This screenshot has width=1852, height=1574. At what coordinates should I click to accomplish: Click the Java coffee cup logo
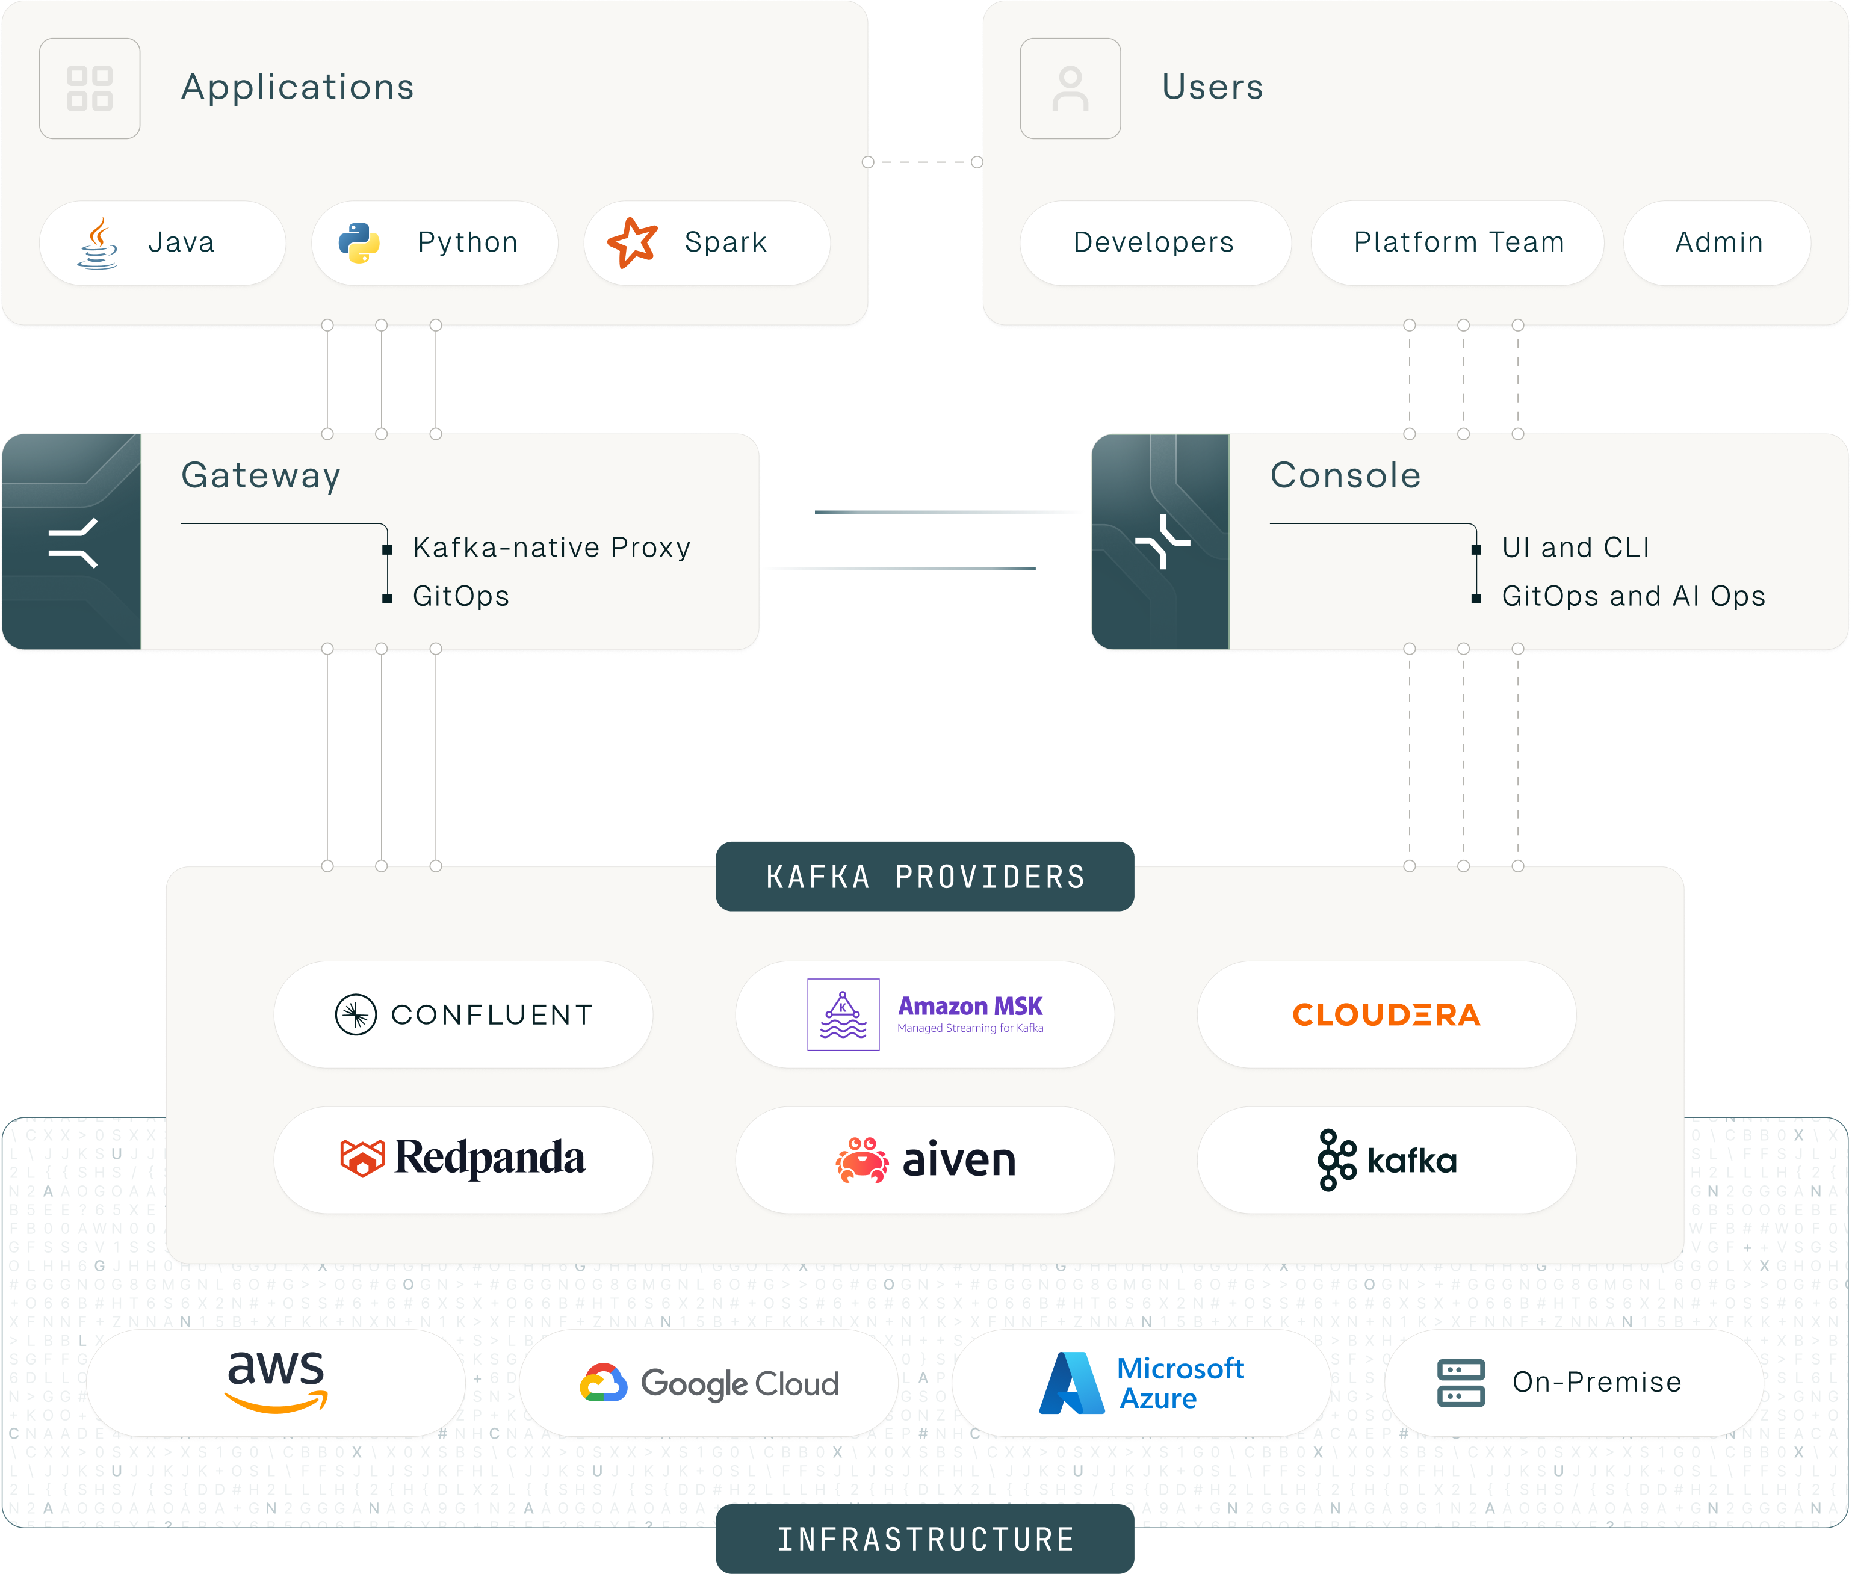pyautogui.click(x=98, y=242)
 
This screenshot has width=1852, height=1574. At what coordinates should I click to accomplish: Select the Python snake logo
pyautogui.click(x=359, y=242)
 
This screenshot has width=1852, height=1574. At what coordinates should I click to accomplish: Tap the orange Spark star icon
pyautogui.click(x=632, y=242)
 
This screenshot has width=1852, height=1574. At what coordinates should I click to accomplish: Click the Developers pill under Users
pyautogui.click(x=1154, y=242)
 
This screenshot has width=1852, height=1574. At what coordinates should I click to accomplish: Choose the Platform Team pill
pyautogui.click(x=1458, y=242)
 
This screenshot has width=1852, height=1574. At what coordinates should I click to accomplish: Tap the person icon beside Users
pyautogui.click(x=1070, y=88)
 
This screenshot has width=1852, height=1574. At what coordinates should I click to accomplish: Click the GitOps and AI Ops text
pyautogui.click(x=1632, y=596)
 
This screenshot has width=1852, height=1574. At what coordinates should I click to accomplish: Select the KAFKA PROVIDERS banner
pyautogui.click(x=924, y=876)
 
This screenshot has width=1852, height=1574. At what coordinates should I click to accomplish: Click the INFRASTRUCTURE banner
pyautogui.click(x=924, y=1539)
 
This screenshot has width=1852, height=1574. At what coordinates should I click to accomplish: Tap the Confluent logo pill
pyautogui.click(x=463, y=1014)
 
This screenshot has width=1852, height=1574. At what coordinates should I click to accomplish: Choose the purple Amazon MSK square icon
pyautogui.click(x=843, y=1014)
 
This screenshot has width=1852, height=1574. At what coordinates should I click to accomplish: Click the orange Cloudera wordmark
pyautogui.click(x=1386, y=1014)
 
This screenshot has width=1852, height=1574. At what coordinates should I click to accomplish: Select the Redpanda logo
pyautogui.click(x=463, y=1158)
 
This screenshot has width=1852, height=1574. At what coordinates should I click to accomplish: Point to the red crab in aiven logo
pyautogui.click(x=861, y=1160)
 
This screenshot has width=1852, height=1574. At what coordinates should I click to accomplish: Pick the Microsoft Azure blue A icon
pyautogui.click(x=1072, y=1383)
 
